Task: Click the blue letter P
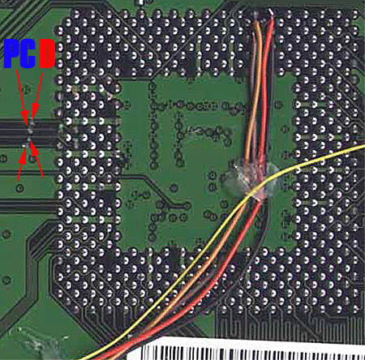pyautogui.click(x=11, y=54)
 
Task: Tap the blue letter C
pyautogui.click(x=28, y=54)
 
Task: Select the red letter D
pyautogui.click(x=47, y=54)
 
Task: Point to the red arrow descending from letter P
pyautogui.click(x=22, y=98)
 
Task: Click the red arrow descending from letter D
pyautogui.click(x=38, y=95)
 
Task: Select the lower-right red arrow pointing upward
pyautogui.click(x=37, y=161)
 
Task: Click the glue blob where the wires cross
pyautogui.click(x=250, y=180)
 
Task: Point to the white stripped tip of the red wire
pyautogui.click(x=271, y=12)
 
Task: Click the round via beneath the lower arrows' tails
pyautogui.click(x=19, y=187)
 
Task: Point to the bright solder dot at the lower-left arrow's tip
pyautogui.click(x=24, y=146)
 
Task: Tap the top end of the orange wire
pyautogui.click(x=256, y=22)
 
